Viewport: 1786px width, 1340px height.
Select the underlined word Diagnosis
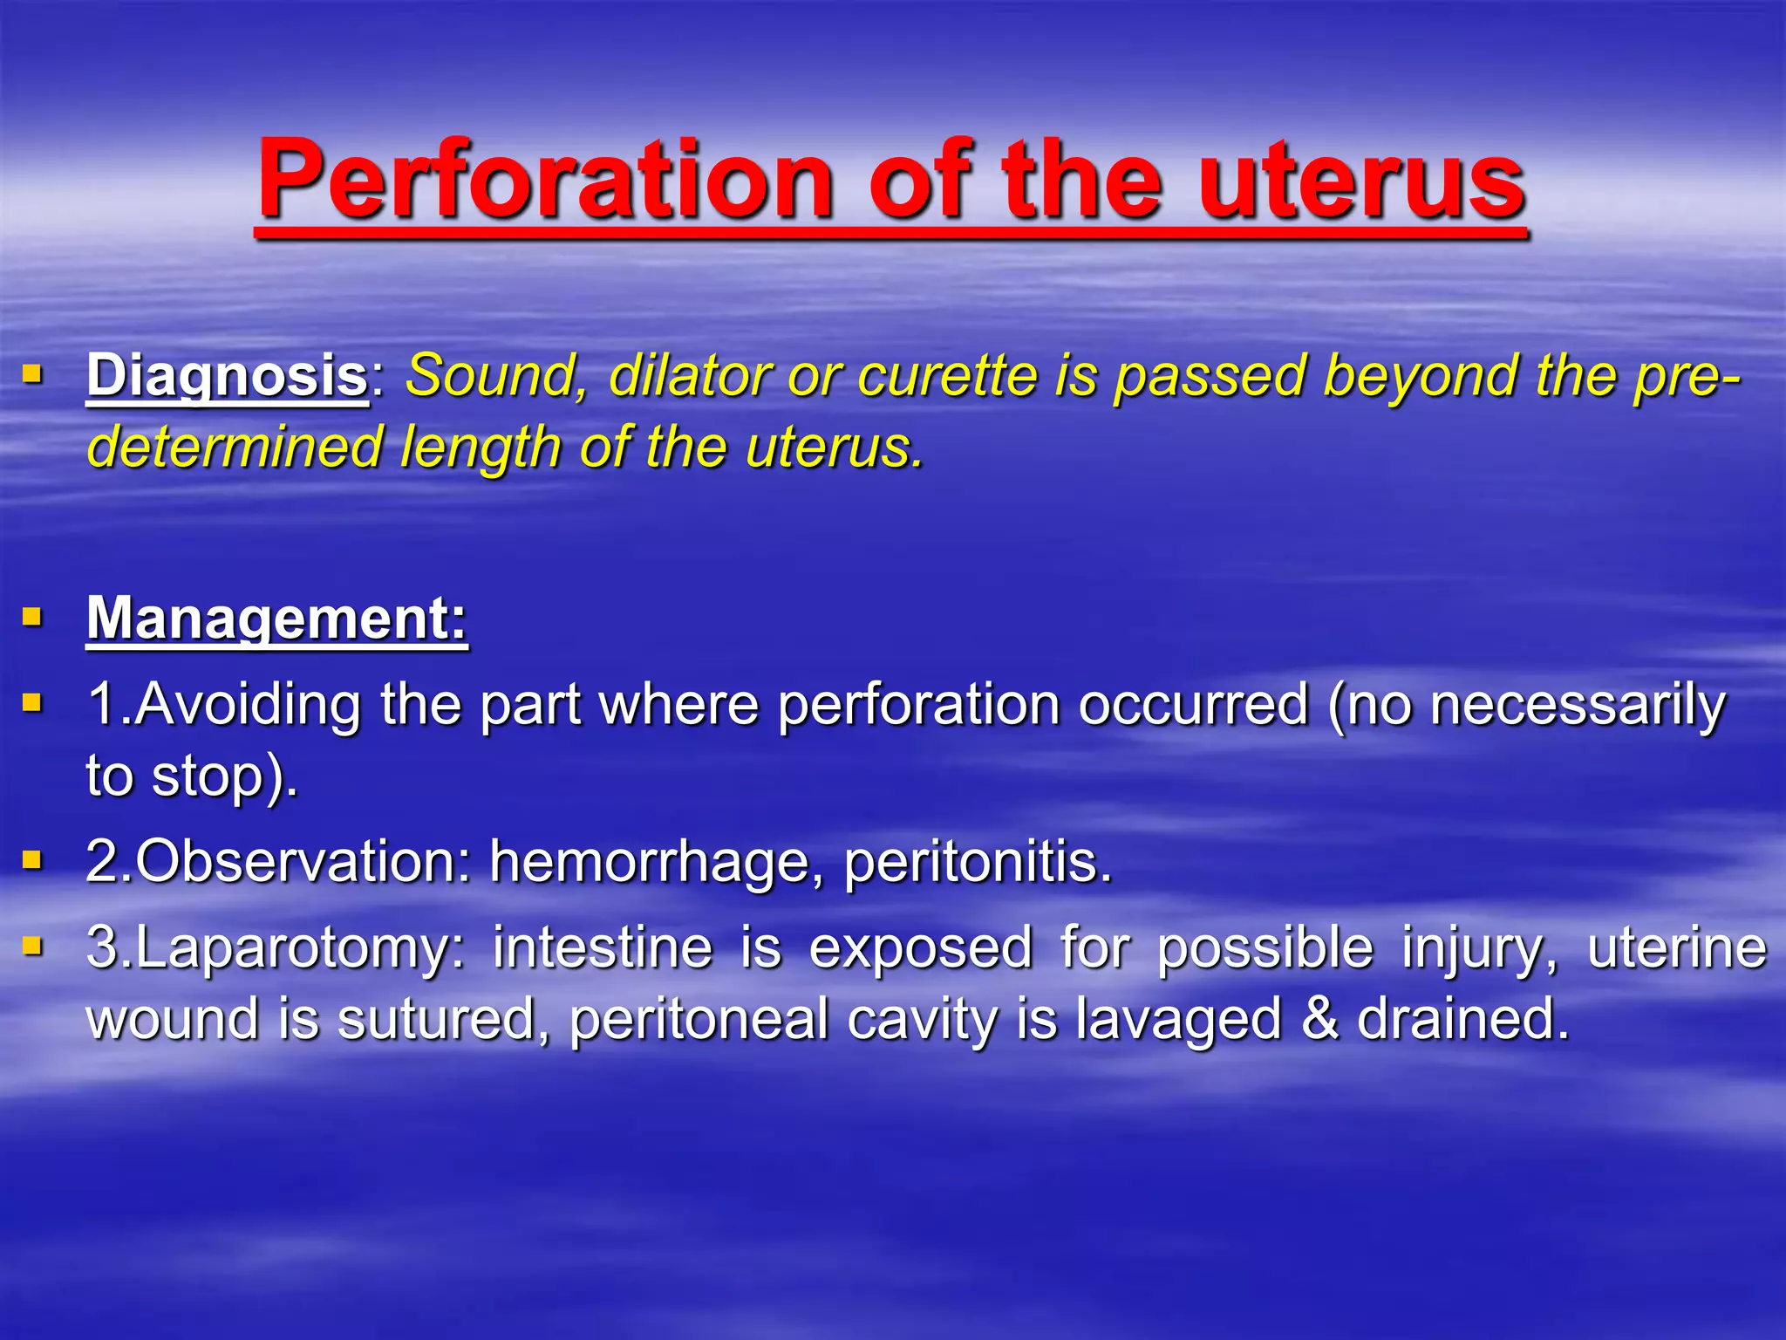click(x=227, y=377)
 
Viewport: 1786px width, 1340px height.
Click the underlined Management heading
click(x=276, y=619)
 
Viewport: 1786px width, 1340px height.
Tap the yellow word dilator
click(x=689, y=377)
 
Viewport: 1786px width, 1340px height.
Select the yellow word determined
click(x=235, y=448)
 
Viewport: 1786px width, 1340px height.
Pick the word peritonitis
click(x=977, y=863)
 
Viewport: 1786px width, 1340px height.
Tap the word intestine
click(x=602, y=948)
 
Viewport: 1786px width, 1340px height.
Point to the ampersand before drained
click(x=1319, y=1020)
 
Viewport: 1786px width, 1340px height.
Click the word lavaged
click(x=1178, y=1020)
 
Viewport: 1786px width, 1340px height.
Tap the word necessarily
click(x=1578, y=705)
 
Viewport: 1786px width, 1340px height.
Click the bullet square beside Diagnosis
click(x=32, y=376)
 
